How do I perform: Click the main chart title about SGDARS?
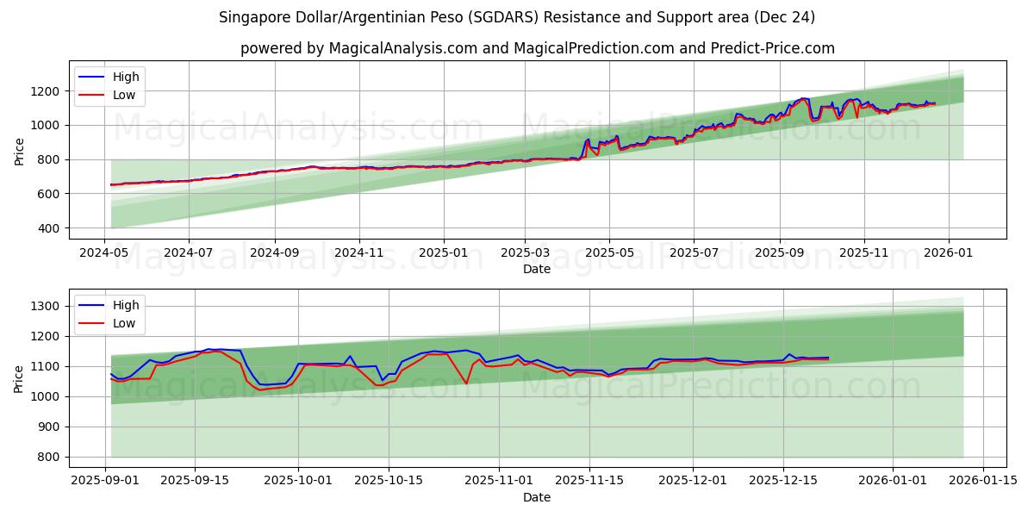[x=517, y=17]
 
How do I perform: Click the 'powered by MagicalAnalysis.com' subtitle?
[x=537, y=48]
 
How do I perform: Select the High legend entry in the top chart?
[x=126, y=77]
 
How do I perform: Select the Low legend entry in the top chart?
[x=124, y=95]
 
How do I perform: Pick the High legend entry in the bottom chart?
[x=126, y=305]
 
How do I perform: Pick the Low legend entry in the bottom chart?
[x=124, y=323]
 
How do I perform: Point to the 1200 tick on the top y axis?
[x=47, y=91]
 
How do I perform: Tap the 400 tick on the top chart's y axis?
[x=50, y=228]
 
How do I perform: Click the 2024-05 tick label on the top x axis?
[x=104, y=253]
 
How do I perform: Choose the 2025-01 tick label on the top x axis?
[x=444, y=253]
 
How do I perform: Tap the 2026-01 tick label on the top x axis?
[x=949, y=253]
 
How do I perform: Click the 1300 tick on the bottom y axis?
[x=47, y=307]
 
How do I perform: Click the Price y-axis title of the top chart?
[x=20, y=151]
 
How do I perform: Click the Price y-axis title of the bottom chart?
[x=20, y=379]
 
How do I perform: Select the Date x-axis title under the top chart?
[x=537, y=269]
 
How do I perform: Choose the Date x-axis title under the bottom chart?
[x=537, y=497]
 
